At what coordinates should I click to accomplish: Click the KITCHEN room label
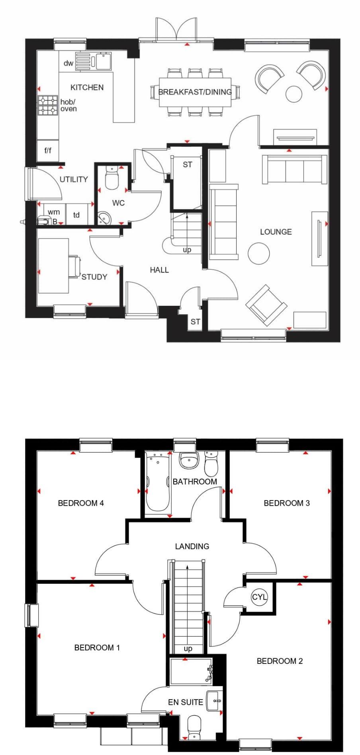[x=87, y=87]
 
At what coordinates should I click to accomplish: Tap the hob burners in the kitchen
[x=48, y=106]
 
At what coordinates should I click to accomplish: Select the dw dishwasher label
[x=68, y=63]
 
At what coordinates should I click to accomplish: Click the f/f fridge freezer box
[x=48, y=151]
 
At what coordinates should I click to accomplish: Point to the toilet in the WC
[x=112, y=178]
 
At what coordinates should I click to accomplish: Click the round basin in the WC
[x=104, y=218]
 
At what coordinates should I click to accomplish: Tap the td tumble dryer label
[x=76, y=215]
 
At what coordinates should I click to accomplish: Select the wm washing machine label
[x=54, y=212]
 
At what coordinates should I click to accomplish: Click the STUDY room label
[x=94, y=277]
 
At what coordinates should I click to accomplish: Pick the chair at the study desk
[x=74, y=266]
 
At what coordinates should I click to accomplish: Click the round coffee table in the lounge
[x=258, y=253]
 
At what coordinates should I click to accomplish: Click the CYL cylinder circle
[x=260, y=597]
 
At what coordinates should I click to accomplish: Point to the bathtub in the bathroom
[x=157, y=483]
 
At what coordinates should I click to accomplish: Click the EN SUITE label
[x=186, y=702]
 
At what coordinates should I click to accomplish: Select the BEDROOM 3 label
[x=287, y=503]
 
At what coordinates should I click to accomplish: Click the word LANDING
[x=192, y=546]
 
